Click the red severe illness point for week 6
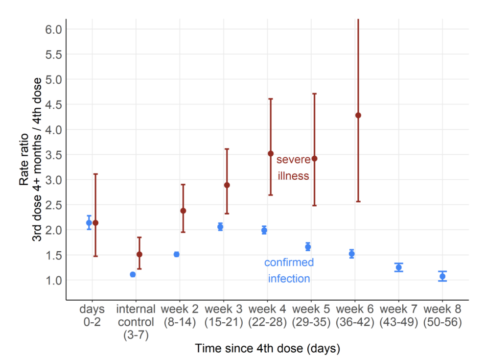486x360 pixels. (358, 116)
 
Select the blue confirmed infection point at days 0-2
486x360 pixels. (89, 223)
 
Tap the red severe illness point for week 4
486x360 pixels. (271, 153)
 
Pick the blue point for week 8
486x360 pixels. (442, 276)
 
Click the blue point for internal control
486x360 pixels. (133, 275)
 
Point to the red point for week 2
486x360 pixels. (183, 211)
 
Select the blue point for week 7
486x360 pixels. (398, 267)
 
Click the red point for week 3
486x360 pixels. (227, 185)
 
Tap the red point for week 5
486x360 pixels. (315, 159)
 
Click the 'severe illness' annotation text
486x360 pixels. (293, 168)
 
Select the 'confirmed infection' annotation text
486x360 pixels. (289, 270)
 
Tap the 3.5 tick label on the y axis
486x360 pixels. (53, 155)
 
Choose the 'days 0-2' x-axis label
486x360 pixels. (93, 315)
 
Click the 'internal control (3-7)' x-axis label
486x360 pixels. (136, 322)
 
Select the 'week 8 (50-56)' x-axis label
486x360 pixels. (442, 315)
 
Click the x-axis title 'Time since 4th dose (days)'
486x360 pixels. (267, 349)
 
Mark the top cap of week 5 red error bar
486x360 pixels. (315, 94)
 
